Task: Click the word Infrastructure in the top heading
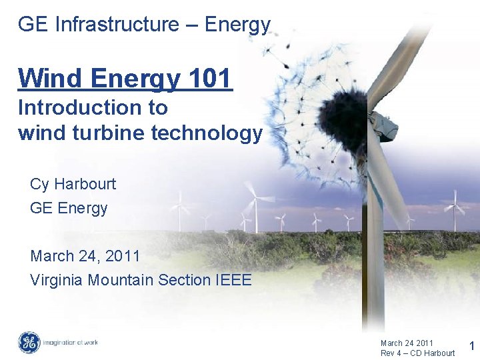(x=117, y=25)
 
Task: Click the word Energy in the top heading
(x=237, y=25)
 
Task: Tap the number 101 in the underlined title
(x=209, y=78)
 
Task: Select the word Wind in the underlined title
(x=45, y=78)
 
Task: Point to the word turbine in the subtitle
(x=113, y=133)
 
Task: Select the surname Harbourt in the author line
(x=85, y=184)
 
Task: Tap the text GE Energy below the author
(x=69, y=209)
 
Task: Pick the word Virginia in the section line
(x=57, y=280)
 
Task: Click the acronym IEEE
(x=234, y=280)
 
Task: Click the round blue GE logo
(x=29, y=343)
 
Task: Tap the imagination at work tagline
(x=71, y=343)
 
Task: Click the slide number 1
(x=472, y=346)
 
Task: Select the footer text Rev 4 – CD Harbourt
(x=417, y=353)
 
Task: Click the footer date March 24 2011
(x=407, y=343)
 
